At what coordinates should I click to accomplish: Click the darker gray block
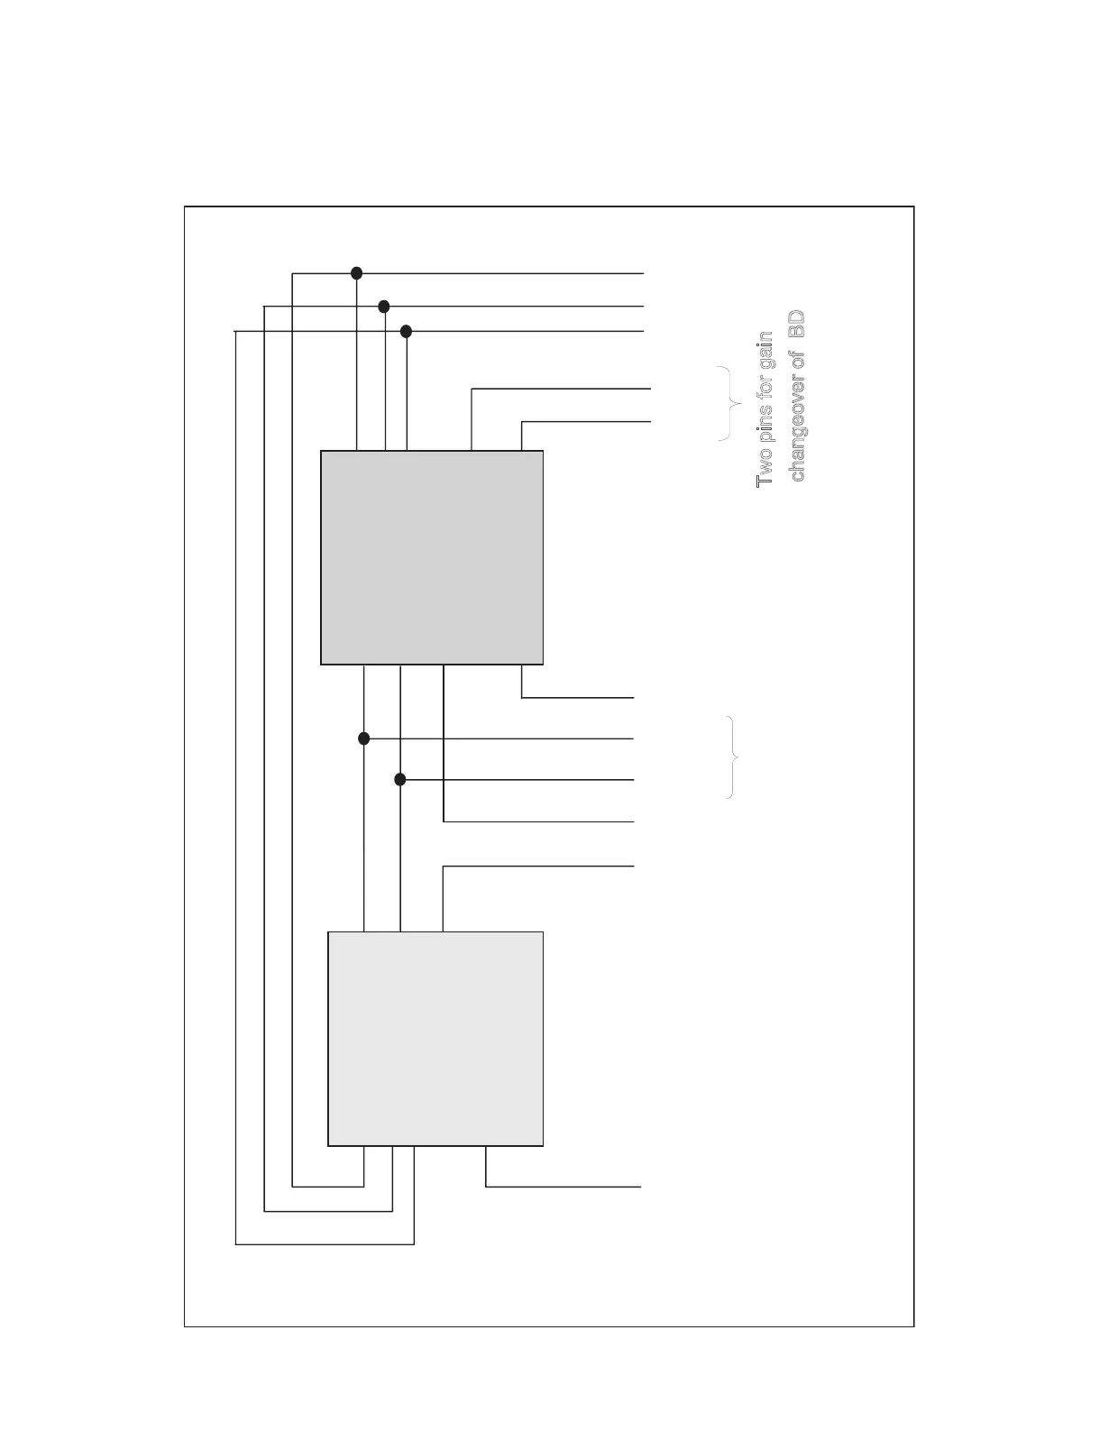click(x=432, y=557)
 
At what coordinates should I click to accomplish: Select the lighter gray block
click(x=435, y=1039)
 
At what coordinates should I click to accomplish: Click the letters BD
click(x=797, y=325)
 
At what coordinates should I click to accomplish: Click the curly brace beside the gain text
click(x=730, y=404)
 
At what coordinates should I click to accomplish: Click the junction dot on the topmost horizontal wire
click(x=356, y=272)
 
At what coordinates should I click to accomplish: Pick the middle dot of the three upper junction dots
click(x=384, y=307)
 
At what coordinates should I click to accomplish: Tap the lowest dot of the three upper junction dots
click(x=406, y=332)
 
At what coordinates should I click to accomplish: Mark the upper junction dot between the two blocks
click(x=364, y=738)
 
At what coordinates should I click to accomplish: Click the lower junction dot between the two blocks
click(x=400, y=779)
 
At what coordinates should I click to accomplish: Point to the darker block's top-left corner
click(x=322, y=451)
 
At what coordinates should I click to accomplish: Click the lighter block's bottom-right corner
click(x=543, y=1145)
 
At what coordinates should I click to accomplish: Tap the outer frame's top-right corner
click(x=913, y=206)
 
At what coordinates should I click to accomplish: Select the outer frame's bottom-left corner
click(x=185, y=1326)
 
